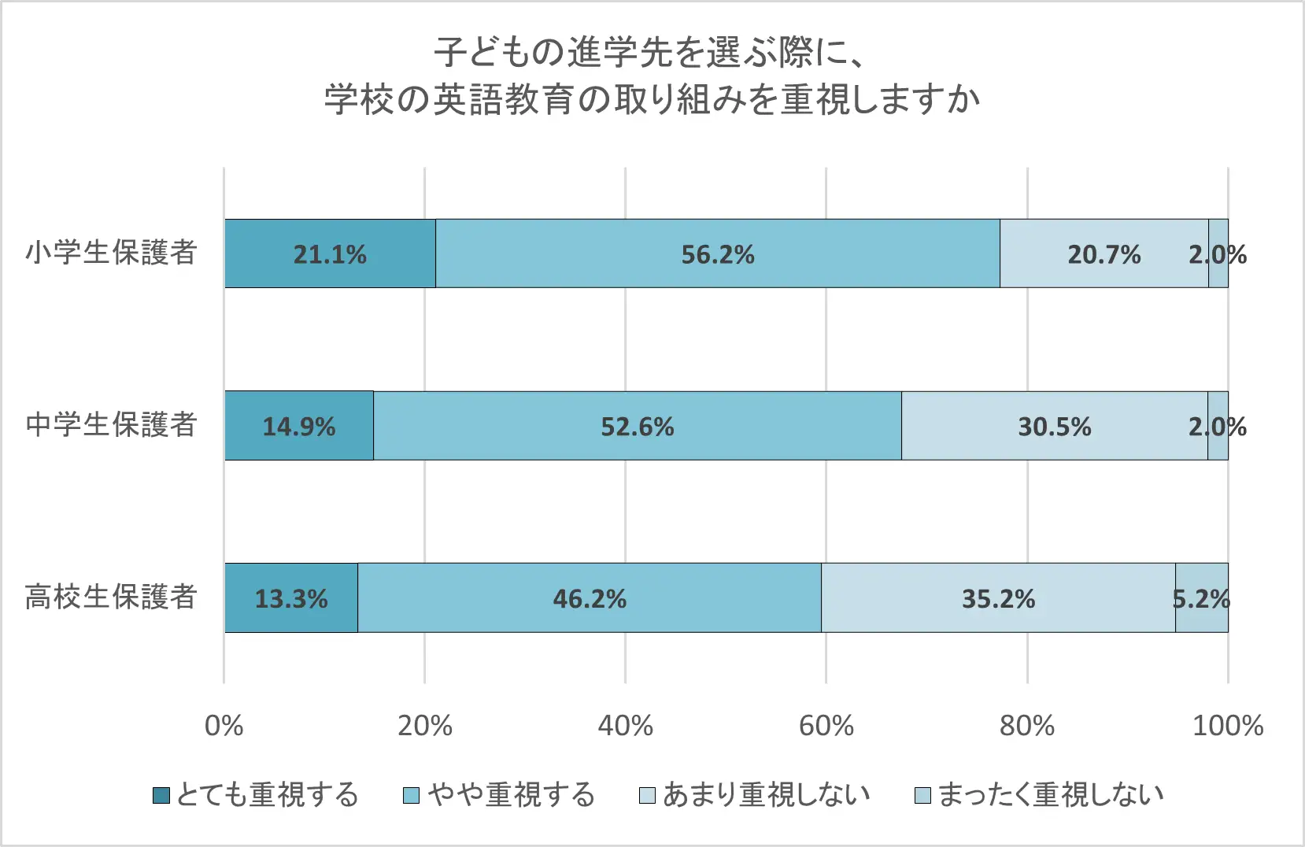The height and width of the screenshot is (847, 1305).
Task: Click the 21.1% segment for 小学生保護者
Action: point(330,253)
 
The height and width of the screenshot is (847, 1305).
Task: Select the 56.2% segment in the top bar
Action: point(717,253)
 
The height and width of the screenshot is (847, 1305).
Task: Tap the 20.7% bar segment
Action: point(1104,253)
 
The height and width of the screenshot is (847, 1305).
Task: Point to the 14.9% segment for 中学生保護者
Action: point(299,426)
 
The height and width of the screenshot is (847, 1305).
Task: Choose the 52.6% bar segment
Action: point(637,426)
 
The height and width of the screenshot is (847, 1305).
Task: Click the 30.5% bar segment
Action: point(1054,426)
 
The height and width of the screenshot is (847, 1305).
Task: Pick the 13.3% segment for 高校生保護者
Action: point(291,598)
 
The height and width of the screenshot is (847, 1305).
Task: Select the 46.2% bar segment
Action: point(589,598)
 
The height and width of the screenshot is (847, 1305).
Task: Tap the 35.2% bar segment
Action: point(998,598)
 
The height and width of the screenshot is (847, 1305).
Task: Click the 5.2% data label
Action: point(1201,599)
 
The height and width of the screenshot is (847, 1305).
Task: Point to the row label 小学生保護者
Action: point(111,253)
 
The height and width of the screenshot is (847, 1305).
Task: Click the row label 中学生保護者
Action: point(111,425)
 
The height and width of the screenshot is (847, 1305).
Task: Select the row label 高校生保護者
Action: point(111,597)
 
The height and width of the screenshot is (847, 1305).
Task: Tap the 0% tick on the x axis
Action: point(224,725)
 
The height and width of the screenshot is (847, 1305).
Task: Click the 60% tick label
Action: point(826,725)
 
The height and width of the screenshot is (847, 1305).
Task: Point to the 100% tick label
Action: point(1227,725)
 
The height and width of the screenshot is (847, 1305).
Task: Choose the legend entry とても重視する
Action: point(257,795)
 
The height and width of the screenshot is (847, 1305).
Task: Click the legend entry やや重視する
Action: point(499,795)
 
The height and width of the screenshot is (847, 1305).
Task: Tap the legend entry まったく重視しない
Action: point(1039,795)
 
